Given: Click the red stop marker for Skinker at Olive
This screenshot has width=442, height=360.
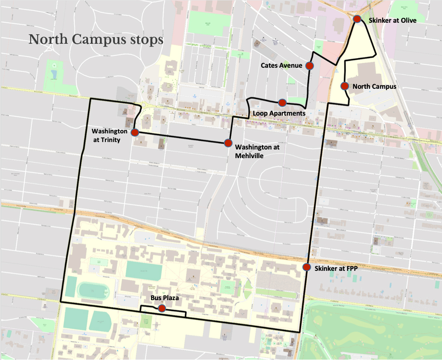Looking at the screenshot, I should click(357, 19).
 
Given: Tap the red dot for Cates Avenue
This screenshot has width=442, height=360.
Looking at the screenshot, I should click(309, 65).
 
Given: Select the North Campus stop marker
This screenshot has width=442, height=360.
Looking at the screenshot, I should click(344, 86).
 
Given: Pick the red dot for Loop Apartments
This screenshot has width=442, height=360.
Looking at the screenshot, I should click(282, 102).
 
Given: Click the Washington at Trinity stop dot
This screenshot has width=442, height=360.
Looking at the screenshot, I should click(135, 133).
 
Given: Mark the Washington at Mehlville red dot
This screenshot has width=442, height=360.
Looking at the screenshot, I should click(228, 143).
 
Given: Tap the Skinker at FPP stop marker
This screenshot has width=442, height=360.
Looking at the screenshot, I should click(307, 267).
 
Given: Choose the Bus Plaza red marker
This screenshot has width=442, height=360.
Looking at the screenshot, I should click(162, 308).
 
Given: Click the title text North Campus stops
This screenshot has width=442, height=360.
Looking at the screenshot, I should click(96, 40).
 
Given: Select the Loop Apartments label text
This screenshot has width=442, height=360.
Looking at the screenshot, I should click(279, 113).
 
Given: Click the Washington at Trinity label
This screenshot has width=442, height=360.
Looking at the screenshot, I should click(109, 135).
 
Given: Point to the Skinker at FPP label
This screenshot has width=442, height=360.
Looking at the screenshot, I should click(336, 268).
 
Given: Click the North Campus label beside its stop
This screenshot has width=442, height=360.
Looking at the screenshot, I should click(374, 86).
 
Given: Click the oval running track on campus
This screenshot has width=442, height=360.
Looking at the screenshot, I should click(93, 291).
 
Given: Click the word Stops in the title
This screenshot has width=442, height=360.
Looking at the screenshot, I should click(147, 40).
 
